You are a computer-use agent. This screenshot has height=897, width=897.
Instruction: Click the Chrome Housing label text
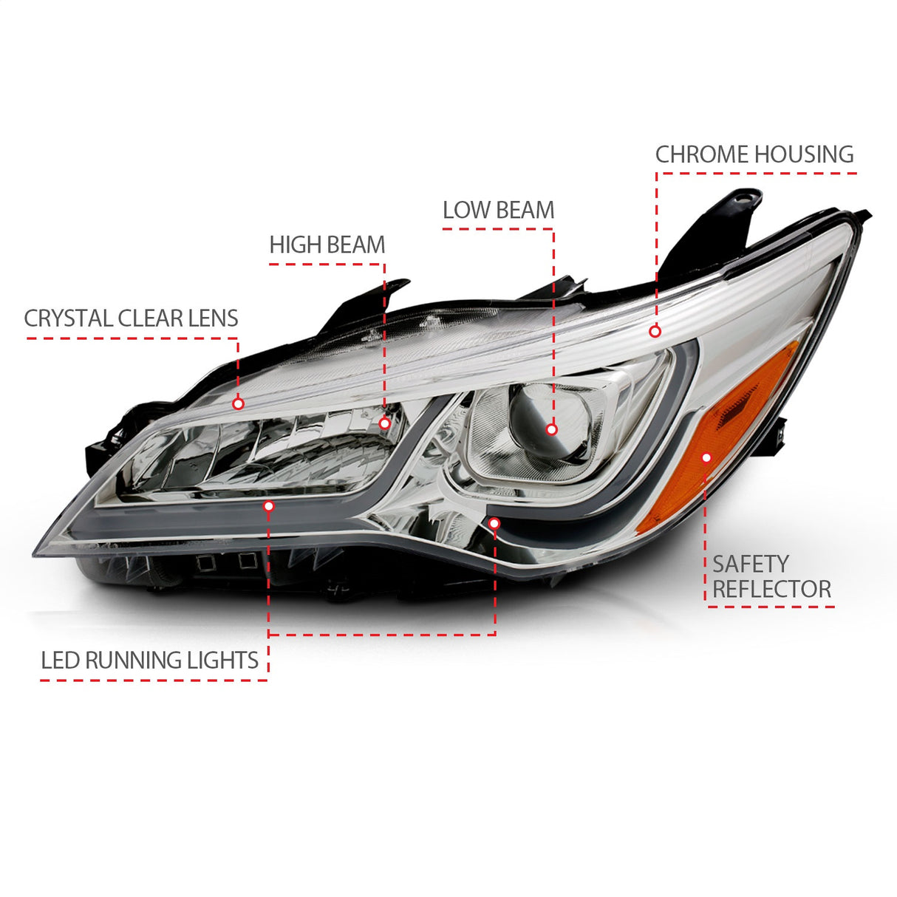pyautogui.click(x=754, y=154)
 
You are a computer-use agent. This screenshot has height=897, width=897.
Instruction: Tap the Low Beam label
pyautogui.click(x=498, y=211)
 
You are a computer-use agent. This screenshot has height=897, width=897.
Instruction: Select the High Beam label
pyautogui.click(x=327, y=245)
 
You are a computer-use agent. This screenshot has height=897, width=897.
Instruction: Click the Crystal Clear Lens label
pyautogui.click(x=131, y=318)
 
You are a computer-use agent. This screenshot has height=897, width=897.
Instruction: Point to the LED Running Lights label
pyautogui.click(x=149, y=660)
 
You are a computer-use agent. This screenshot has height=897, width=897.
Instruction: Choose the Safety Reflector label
pyautogui.click(x=771, y=576)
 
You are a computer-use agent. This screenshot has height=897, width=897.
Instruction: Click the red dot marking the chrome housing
pyautogui.click(x=655, y=332)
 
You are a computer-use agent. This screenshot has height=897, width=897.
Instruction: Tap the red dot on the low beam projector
pyautogui.click(x=551, y=429)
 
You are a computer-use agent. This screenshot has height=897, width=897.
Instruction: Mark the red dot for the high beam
pyautogui.click(x=384, y=423)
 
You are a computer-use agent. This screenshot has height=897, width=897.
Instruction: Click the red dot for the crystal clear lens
pyautogui.click(x=238, y=404)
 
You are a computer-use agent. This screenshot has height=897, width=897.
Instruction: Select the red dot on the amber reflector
pyautogui.click(x=706, y=458)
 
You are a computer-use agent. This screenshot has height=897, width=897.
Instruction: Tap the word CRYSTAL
pyautogui.click(x=69, y=318)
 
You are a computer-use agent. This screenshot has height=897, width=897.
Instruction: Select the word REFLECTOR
pyautogui.click(x=771, y=590)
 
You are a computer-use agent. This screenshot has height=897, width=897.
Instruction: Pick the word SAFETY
pyautogui.click(x=751, y=564)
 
